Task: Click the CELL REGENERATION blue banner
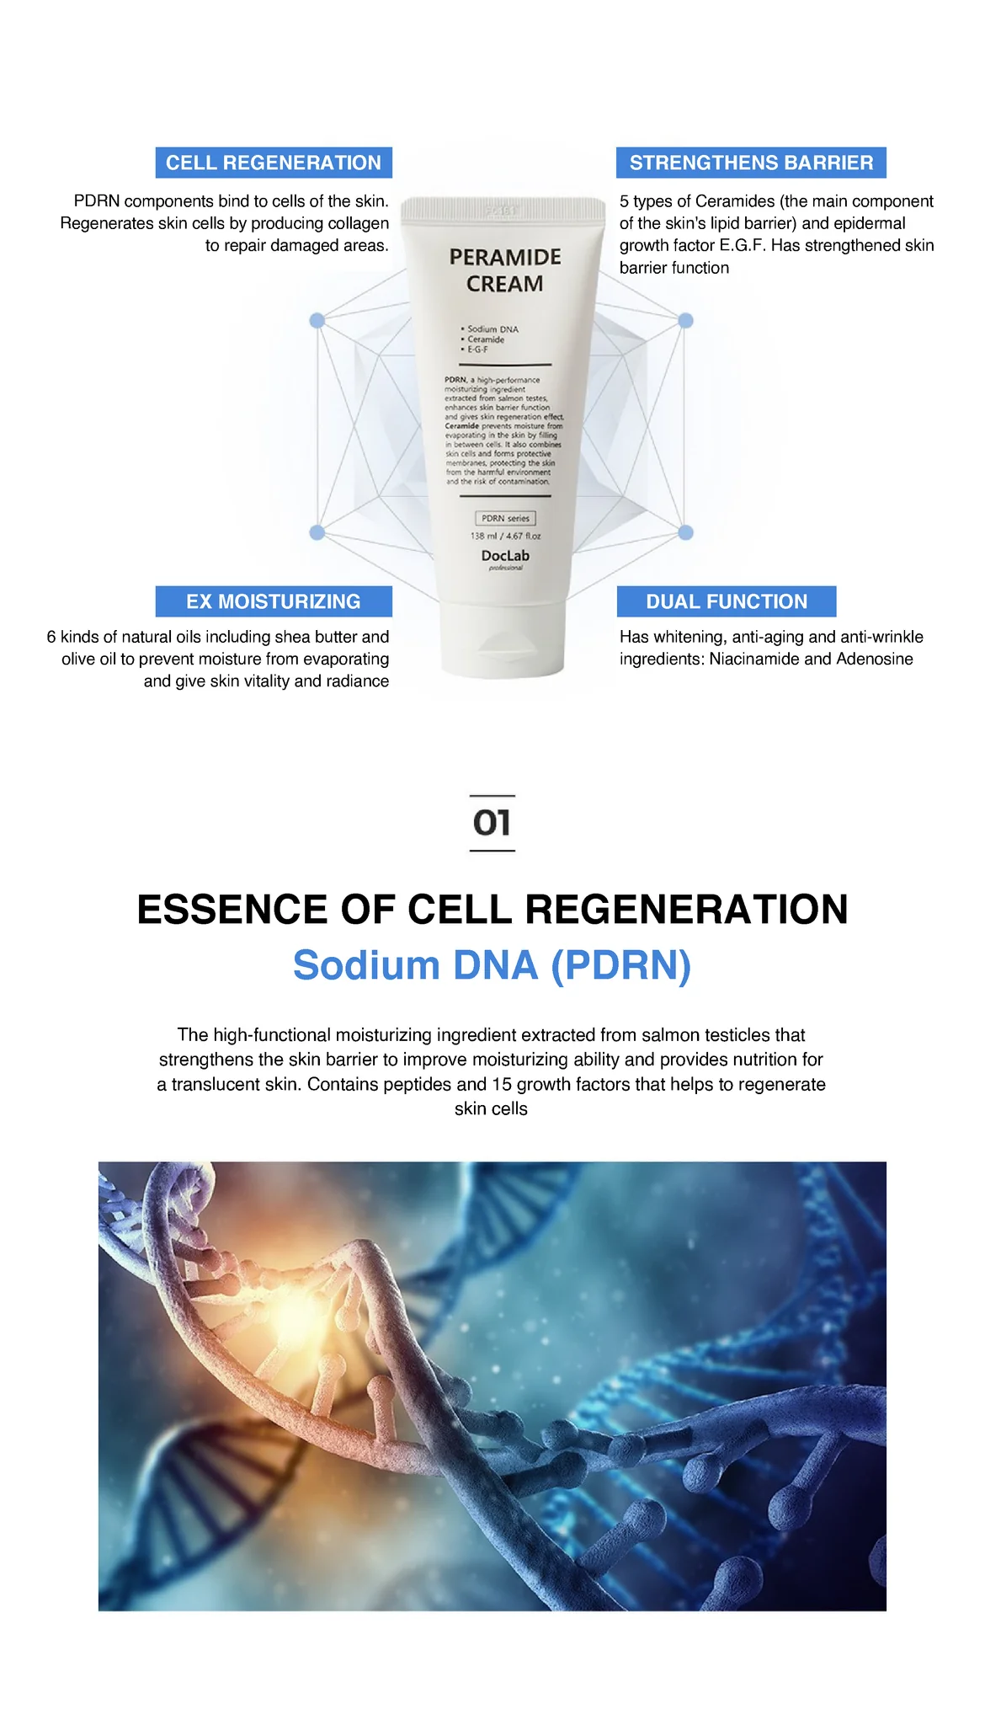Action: (x=274, y=163)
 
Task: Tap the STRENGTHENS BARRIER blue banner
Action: (x=751, y=163)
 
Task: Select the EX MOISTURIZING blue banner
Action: (x=274, y=601)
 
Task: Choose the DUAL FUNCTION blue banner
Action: (x=727, y=601)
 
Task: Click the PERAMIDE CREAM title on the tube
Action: (x=505, y=270)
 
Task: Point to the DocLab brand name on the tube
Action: (x=505, y=556)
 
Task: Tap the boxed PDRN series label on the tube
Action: (x=505, y=519)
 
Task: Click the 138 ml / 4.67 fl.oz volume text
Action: (x=505, y=536)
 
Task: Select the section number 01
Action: (x=492, y=823)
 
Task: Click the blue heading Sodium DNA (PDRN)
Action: (x=492, y=965)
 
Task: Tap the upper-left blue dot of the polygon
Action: (x=317, y=321)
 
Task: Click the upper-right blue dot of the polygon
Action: (x=685, y=321)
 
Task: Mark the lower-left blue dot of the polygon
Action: (x=317, y=532)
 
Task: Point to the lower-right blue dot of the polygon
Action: (x=685, y=532)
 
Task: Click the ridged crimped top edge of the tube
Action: (x=503, y=208)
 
